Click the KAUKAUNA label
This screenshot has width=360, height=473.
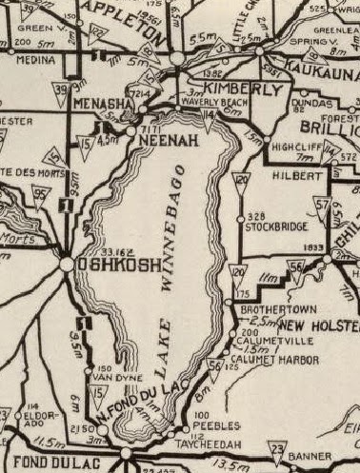pos(326,70)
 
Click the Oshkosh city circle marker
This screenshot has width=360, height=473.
pos(67,266)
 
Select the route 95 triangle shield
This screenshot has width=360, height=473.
pos(39,194)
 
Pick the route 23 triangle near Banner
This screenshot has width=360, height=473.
pos(277,448)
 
